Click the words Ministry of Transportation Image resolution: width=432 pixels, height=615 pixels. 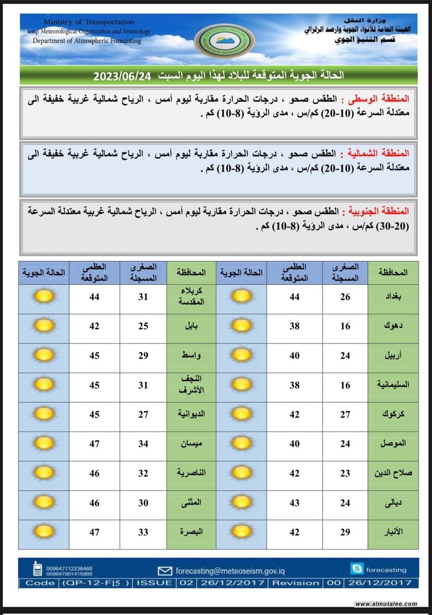(89, 22)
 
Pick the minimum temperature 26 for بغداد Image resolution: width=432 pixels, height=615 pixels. (345, 297)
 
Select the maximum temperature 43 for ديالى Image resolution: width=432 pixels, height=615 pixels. (294, 503)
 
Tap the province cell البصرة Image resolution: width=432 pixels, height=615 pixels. (192, 532)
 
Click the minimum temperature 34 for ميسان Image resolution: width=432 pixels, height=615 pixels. (144, 444)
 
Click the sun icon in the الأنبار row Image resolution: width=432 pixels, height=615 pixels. (241, 532)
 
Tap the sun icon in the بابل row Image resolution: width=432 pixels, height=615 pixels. (44, 326)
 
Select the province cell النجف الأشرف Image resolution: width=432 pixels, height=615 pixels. (192, 385)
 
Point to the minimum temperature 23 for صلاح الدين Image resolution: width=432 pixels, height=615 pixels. (345, 473)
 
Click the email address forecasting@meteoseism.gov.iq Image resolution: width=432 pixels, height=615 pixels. (230, 571)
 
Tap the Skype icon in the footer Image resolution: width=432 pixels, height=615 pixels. (357, 569)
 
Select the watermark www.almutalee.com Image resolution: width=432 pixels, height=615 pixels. (386, 604)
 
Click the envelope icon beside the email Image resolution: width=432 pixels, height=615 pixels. (165, 571)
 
